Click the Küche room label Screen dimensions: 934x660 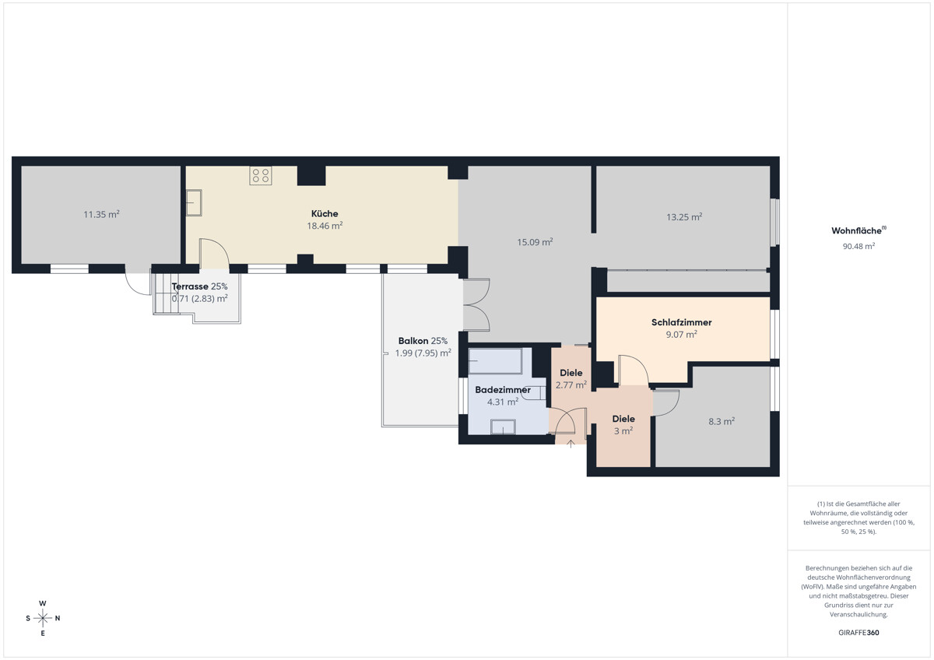[x=325, y=213]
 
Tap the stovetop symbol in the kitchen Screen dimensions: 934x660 [x=261, y=176]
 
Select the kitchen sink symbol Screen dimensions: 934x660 [x=194, y=202]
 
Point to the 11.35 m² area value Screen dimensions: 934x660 [x=101, y=214]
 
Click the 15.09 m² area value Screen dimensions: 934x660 [x=535, y=242]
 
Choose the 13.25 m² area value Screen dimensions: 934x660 [x=684, y=217]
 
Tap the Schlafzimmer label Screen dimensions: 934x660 [x=681, y=322]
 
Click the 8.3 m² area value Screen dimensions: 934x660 [x=722, y=421]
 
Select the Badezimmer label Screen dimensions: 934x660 [x=503, y=390]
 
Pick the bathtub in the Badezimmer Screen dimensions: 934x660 [x=495, y=361]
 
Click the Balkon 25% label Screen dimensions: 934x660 [x=423, y=341]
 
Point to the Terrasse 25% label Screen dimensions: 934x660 [x=200, y=286]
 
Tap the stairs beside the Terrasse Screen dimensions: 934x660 [x=166, y=293]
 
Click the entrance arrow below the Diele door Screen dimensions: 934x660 [x=571, y=444]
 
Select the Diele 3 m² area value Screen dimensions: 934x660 [x=623, y=430]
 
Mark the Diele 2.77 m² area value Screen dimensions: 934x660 [x=571, y=384]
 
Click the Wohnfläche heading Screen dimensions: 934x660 [x=859, y=230]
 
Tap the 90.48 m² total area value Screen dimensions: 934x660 [x=859, y=246]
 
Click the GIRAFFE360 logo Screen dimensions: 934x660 [x=859, y=633]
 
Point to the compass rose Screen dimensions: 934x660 [x=43, y=618]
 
